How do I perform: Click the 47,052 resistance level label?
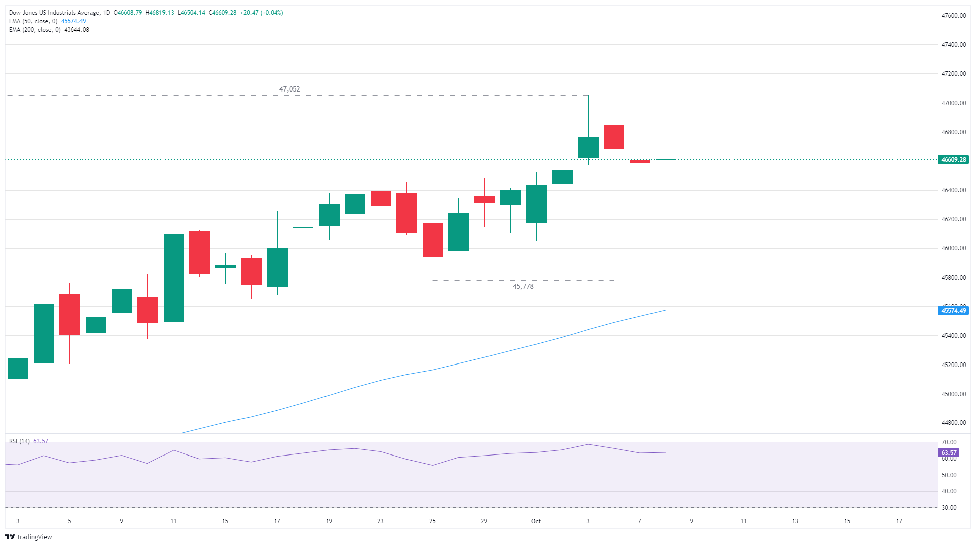click(x=289, y=89)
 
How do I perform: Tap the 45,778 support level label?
click(x=523, y=286)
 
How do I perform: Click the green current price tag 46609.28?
click(x=953, y=160)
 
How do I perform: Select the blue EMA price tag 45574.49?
click(x=953, y=311)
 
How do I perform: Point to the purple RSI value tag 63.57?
click(x=949, y=453)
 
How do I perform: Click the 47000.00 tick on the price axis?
click(x=953, y=103)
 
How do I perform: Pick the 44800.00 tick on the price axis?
click(x=953, y=423)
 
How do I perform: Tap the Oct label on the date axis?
click(x=536, y=521)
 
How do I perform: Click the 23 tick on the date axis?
click(x=380, y=521)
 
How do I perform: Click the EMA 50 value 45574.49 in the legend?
click(x=73, y=21)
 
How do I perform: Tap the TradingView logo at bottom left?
click(x=29, y=537)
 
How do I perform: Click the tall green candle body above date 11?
click(x=174, y=278)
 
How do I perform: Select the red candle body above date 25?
click(x=433, y=240)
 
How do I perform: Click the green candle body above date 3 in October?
click(x=588, y=147)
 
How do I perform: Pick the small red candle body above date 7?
click(x=640, y=161)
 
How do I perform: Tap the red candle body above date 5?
click(x=69, y=314)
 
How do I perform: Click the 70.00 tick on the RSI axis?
click(x=949, y=442)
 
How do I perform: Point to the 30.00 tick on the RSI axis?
click(x=949, y=508)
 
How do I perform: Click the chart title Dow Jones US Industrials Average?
click(x=54, y=13)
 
